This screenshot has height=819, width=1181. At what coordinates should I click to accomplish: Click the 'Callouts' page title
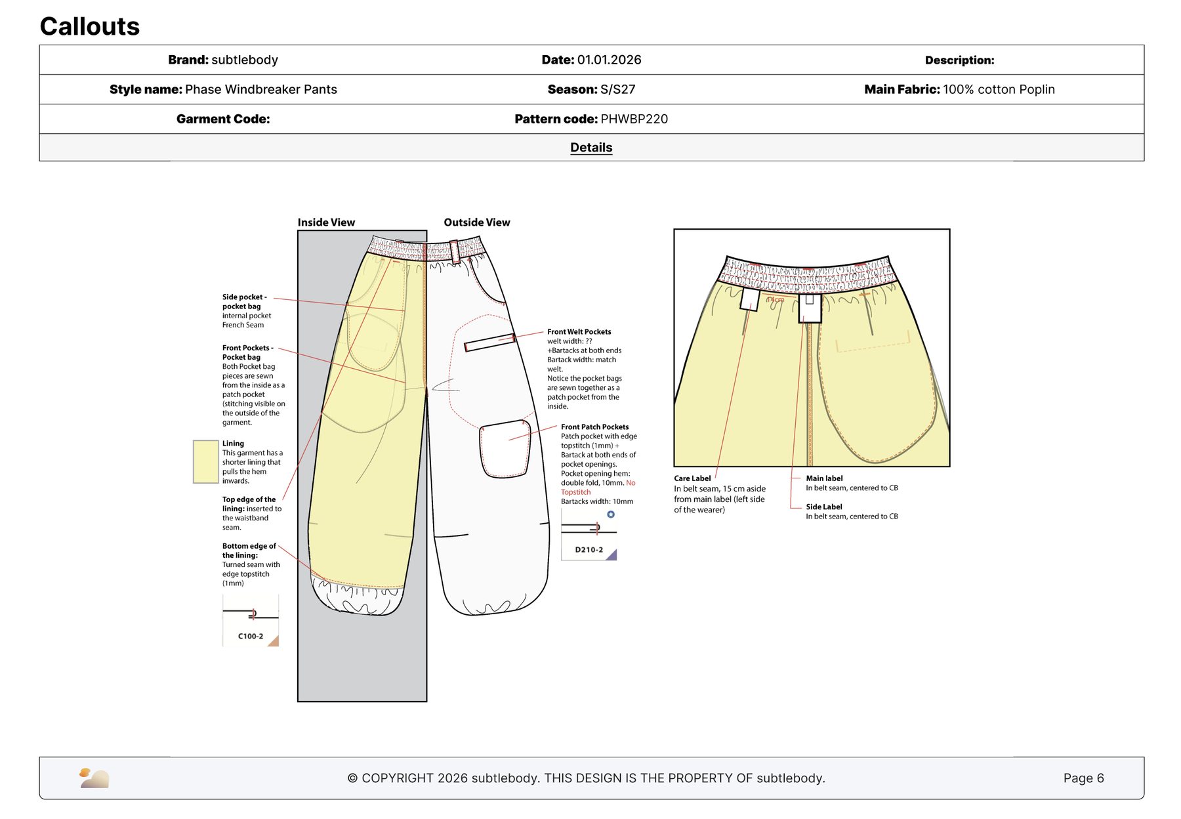coord(90,26)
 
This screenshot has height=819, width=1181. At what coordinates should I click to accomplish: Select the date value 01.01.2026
coord(609,60)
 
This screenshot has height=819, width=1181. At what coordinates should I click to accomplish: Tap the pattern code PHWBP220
coord(634,119)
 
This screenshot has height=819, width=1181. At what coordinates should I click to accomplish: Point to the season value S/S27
coord(617,89)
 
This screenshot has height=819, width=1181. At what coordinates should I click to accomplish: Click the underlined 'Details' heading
coord(591,148)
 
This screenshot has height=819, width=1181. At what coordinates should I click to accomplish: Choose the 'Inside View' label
coord(326,222)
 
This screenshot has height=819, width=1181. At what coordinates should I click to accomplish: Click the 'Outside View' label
coord(477,222)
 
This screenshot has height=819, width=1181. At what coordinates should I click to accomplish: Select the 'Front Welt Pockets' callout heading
coord(579,332)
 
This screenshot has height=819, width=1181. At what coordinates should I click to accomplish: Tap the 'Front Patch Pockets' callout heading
coord(594,427)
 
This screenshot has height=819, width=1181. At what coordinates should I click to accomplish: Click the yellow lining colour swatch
coord(205,462)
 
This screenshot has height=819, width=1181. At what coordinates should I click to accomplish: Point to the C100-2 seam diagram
coord(251,620)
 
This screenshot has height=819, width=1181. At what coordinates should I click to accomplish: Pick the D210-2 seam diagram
coord(589,535)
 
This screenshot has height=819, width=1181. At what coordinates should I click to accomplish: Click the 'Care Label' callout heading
coord(692,478)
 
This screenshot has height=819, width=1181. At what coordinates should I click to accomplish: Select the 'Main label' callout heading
coord(824,478)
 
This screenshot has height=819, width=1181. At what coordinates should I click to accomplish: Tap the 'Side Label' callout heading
coord(824,507)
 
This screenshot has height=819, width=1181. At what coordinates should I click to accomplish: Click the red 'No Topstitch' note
coord(598,488)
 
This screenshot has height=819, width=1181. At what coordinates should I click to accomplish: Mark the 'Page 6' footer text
coord(1084,778)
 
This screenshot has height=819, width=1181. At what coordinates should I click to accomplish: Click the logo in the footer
coord(94,778)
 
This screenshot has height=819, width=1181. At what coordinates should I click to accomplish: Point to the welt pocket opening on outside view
coord(489,343)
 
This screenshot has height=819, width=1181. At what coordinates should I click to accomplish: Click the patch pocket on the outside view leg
coord(505,449)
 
